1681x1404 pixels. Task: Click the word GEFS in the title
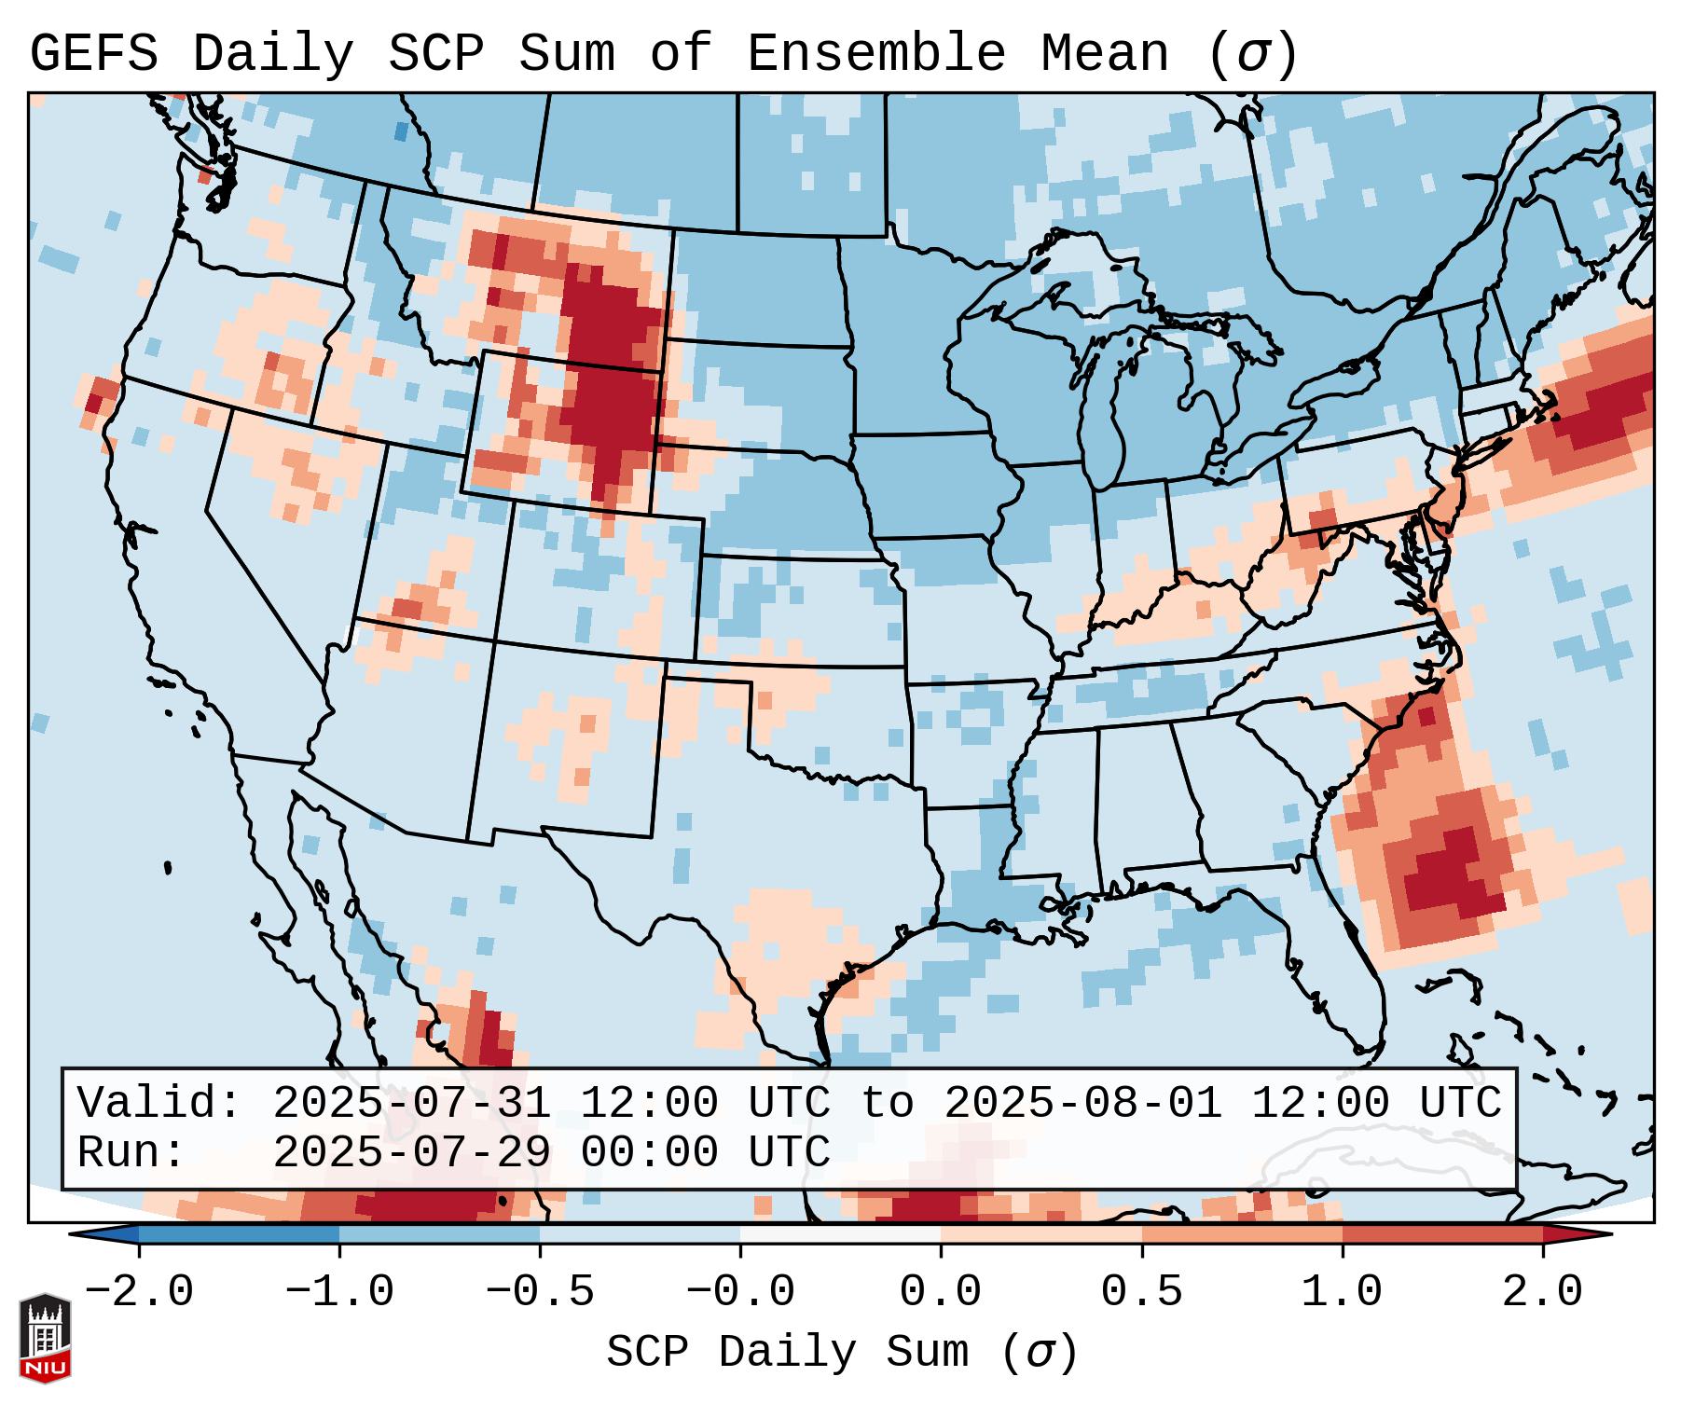(x=93, y=54)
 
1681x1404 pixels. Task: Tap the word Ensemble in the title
(x=875, y=54)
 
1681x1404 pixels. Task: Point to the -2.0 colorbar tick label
(x=139, y=1292)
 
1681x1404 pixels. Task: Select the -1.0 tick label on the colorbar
(x=339, y=1292)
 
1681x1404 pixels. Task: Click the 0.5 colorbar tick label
(x=1141, y=1292)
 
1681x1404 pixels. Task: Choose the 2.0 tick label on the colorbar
(x=1542, y=1292)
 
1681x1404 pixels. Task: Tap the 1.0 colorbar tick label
(x=1342, y=1292)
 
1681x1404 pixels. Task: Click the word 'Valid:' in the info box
(x=159, y=1103)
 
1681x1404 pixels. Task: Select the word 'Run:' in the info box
(x=131, y=1152)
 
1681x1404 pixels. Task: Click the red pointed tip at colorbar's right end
(x=1585, y=1234)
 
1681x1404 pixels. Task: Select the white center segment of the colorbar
(x=840, y=1234)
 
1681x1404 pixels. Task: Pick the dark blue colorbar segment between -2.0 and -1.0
(x=239, y=1234)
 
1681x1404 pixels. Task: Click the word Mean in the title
(x=1104, y=54)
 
